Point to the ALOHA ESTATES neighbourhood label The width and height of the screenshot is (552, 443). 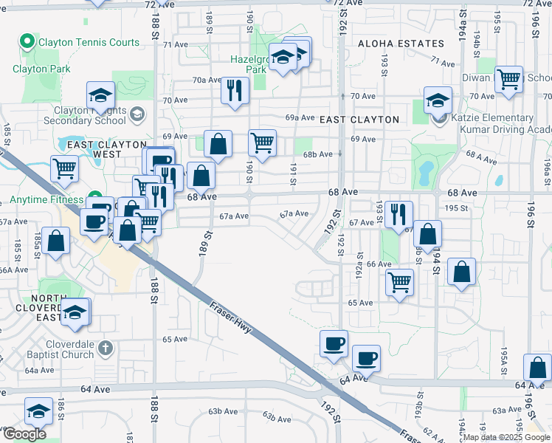401,44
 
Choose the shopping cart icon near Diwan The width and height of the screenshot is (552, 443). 508,78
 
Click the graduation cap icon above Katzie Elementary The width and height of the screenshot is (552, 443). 438,100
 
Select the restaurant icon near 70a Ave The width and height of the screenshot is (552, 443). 235,90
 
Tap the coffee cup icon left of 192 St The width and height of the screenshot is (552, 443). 334,343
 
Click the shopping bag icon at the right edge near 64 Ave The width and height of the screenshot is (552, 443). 538,367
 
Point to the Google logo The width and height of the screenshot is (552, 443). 24,434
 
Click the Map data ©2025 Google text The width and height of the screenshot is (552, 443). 507,437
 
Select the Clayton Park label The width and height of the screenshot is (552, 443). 41,69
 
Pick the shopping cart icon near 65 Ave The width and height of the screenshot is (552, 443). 399,281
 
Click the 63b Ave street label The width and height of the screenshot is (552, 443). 278,419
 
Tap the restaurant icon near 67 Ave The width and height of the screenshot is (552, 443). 398,213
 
